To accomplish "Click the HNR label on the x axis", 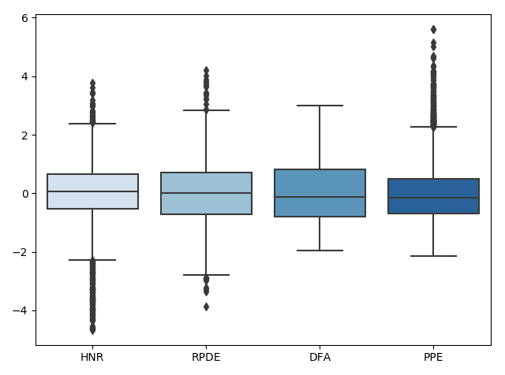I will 92,358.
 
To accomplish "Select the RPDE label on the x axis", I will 206,358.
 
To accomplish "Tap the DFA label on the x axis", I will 320,358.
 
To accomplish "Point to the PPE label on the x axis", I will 433,358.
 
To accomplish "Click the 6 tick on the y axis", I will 24,18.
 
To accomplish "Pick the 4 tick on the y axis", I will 24,76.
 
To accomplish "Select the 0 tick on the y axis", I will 24,194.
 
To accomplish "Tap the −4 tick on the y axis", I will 21,310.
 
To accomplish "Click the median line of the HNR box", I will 92,191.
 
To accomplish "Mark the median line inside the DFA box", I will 320,197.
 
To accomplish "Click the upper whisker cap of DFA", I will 320,106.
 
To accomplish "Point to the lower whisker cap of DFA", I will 320,251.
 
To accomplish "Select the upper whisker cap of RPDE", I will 206,110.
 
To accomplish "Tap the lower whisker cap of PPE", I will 433,256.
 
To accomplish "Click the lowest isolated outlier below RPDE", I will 206,306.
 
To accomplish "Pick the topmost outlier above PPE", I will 433,29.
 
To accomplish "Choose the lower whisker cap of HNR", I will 92,260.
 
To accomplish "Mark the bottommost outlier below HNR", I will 92,330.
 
